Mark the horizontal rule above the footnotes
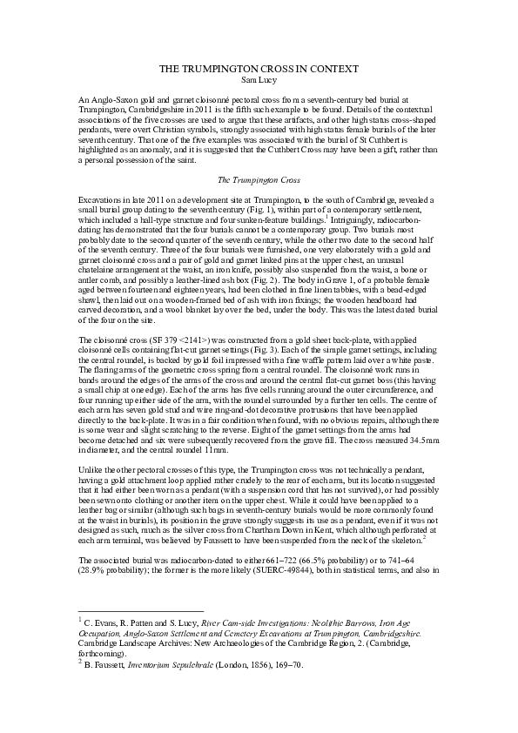click(139, 610)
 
